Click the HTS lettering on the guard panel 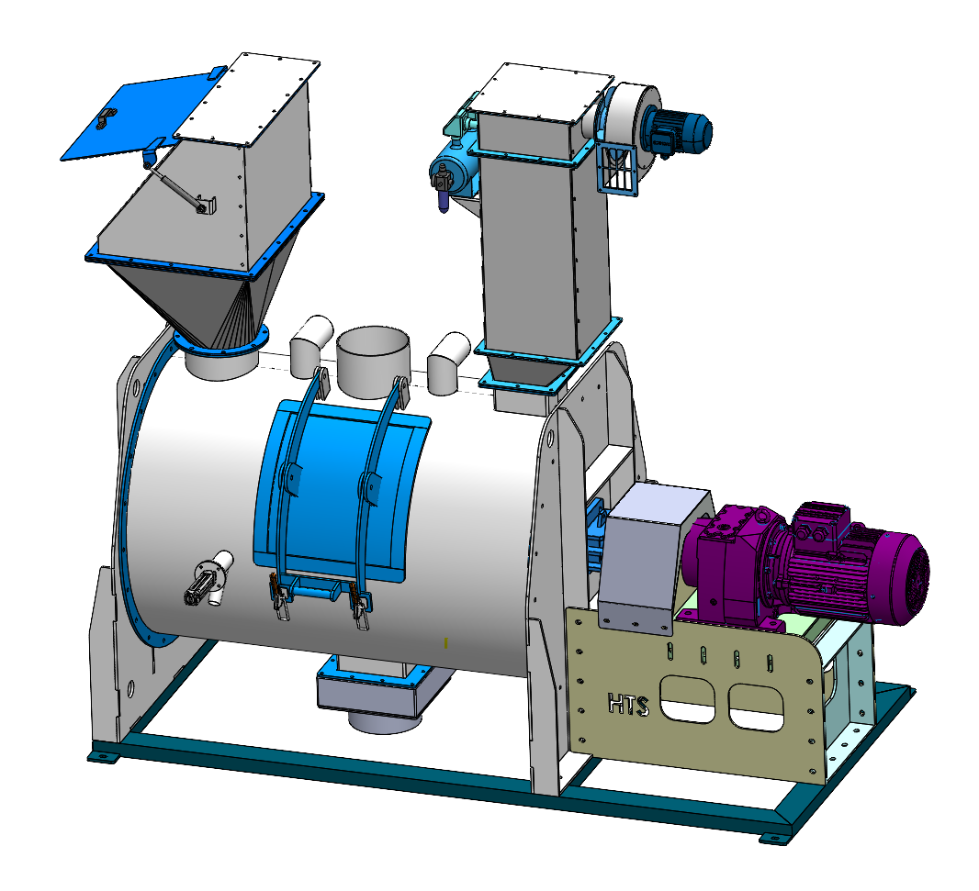pos(629,705)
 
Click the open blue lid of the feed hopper pos(141,116)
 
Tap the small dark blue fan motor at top pos(678,131)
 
